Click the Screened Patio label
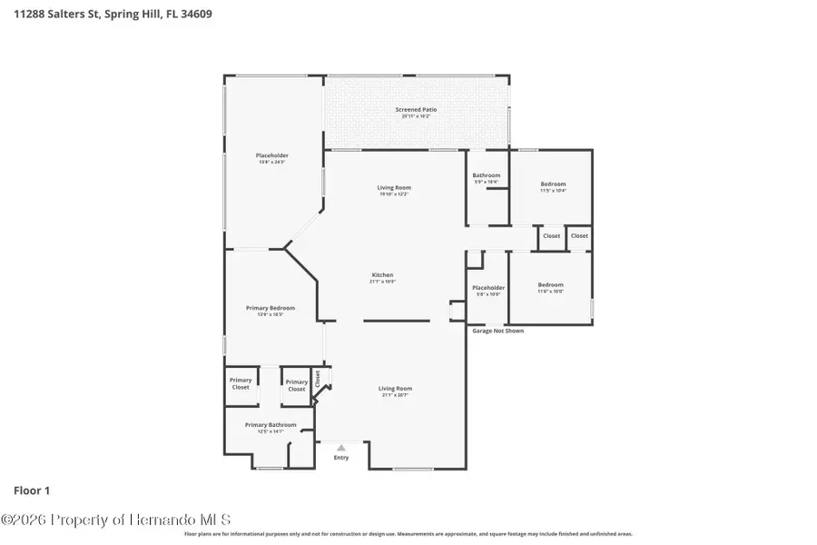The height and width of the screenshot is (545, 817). (x=416, y=110)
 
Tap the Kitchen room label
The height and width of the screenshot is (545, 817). (x=382, y=275)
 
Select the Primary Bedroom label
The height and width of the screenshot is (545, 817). (x=271, y=308)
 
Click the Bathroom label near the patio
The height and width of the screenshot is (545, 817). (x=487, y=175)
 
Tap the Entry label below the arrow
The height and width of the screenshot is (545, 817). (x=341, y=458)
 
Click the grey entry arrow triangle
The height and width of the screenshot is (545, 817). (x=341, y=447)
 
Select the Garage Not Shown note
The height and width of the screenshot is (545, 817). (x=497, y=331)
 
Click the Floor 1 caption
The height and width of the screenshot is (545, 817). (x=32, y=490)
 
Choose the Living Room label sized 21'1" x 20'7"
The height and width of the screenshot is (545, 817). (x=395, y=389)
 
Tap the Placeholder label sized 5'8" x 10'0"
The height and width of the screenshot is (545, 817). (x=488, y=288)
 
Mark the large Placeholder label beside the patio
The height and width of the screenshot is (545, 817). (x=271, y=155)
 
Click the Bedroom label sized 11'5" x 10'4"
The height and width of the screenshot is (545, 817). (x=553, y=184)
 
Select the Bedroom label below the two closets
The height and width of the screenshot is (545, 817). (x=550, y=284)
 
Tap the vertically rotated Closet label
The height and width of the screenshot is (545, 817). (x=318, y=378)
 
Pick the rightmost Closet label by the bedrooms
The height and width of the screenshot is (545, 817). (x=579, y=236)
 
